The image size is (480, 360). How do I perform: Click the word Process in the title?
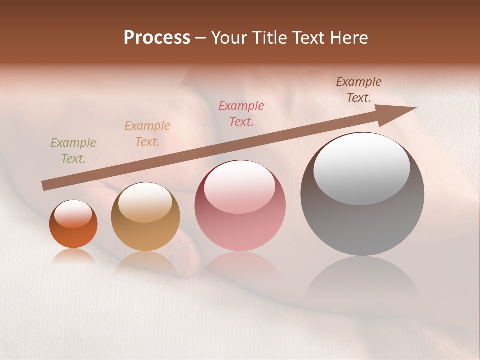pos(157,38)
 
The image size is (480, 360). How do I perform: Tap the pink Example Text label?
pos(241,114)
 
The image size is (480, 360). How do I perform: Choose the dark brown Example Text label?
pos(359,90)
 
